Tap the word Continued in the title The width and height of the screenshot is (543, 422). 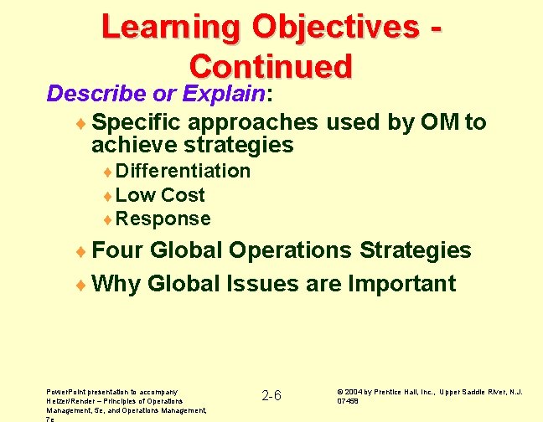pos(271,66)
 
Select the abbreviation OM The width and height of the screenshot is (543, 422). pos(432,123)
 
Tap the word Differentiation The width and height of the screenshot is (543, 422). pos(184,171)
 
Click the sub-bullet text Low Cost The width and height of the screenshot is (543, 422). pos(161,195)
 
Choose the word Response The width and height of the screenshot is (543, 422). pos(164,219)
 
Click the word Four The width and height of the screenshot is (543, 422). pos(117,250)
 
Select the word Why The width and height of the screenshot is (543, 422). pos(116,283)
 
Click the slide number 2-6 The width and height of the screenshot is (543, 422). pos(272,394)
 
